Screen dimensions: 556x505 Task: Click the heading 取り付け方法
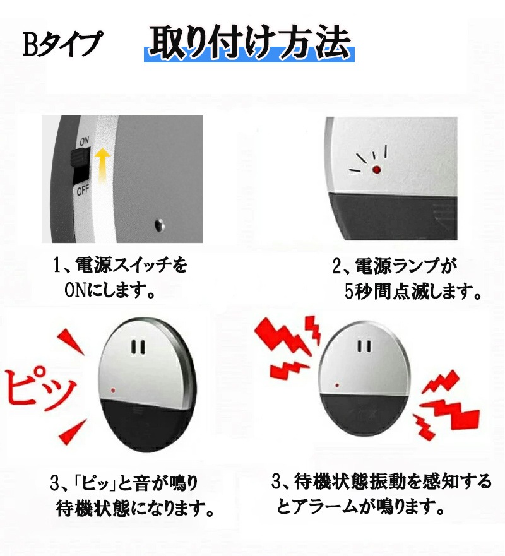pyautogui.click(x=249, y=44)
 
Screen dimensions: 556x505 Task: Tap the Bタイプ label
pyautogui.click(x=62, y=45)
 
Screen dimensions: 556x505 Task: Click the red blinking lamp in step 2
pyautogui.click(x=376, y=169)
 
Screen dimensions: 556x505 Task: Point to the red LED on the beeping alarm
pyautogui.click(x=112, y=389)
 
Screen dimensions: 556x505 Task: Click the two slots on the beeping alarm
pyautogui.click(x=140, y=347)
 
